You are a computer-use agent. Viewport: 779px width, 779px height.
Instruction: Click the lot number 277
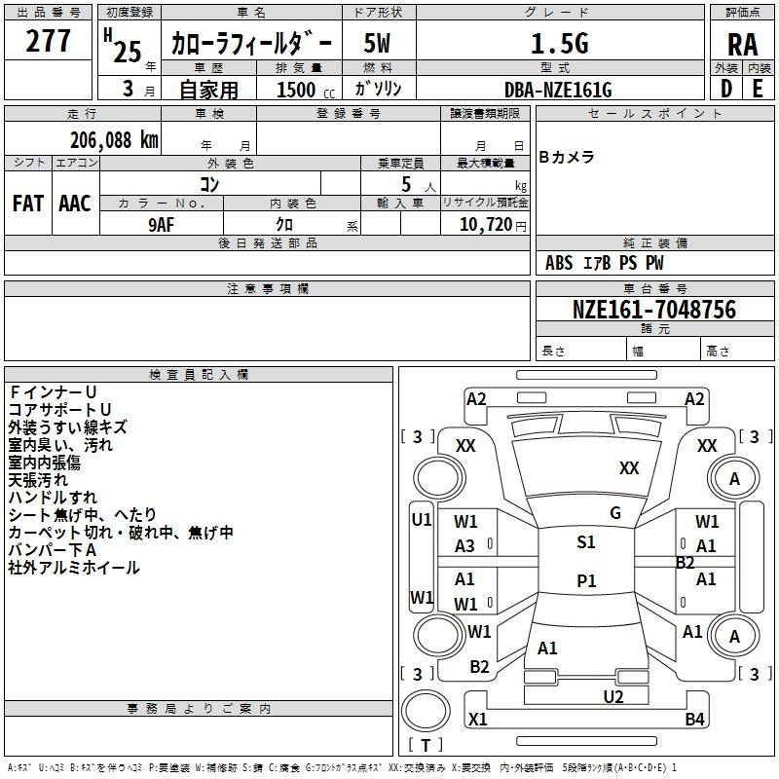click(x=48, y=41)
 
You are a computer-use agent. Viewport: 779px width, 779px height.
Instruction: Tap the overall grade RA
click(x=743, y=45)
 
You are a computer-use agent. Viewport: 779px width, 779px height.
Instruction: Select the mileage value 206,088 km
click(x=114, y=140)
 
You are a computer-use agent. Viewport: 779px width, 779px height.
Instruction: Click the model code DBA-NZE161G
click(x=558, y=90)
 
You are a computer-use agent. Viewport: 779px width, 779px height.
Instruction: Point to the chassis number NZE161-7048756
click(x=654, y=310)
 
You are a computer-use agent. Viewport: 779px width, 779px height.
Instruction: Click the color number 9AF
click(x=162, y=225)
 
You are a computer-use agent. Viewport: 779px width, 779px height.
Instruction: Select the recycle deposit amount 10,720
click(x=485, y=225)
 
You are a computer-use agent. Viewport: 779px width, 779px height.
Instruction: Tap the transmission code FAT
click(x=28, y=204)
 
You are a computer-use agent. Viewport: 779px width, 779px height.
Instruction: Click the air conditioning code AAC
click(x=75, y=204)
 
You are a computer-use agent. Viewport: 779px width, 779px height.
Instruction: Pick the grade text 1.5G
click(x=560, y=43)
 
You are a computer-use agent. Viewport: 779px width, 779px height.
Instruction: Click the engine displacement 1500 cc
click(x=306, y=90)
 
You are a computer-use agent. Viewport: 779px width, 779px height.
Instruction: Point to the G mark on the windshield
click(x=615, y=513)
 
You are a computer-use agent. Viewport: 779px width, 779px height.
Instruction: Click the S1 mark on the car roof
click(x=586, y=542)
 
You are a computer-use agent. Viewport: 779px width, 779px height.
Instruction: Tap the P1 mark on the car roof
click(x=586, y=580)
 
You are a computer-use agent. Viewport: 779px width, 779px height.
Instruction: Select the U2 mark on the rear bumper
click(x=613, y=697)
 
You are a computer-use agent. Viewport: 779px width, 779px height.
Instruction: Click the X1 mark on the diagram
click(x=477, y=719)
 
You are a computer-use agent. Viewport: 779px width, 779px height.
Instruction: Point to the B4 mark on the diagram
click(x=694, y=719)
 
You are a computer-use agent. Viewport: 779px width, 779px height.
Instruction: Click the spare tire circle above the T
click(x=426, y=711)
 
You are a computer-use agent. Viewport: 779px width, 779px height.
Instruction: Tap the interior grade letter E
click(x=758, y=89)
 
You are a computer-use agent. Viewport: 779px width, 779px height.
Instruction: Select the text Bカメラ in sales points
click(x=567, y=157)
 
